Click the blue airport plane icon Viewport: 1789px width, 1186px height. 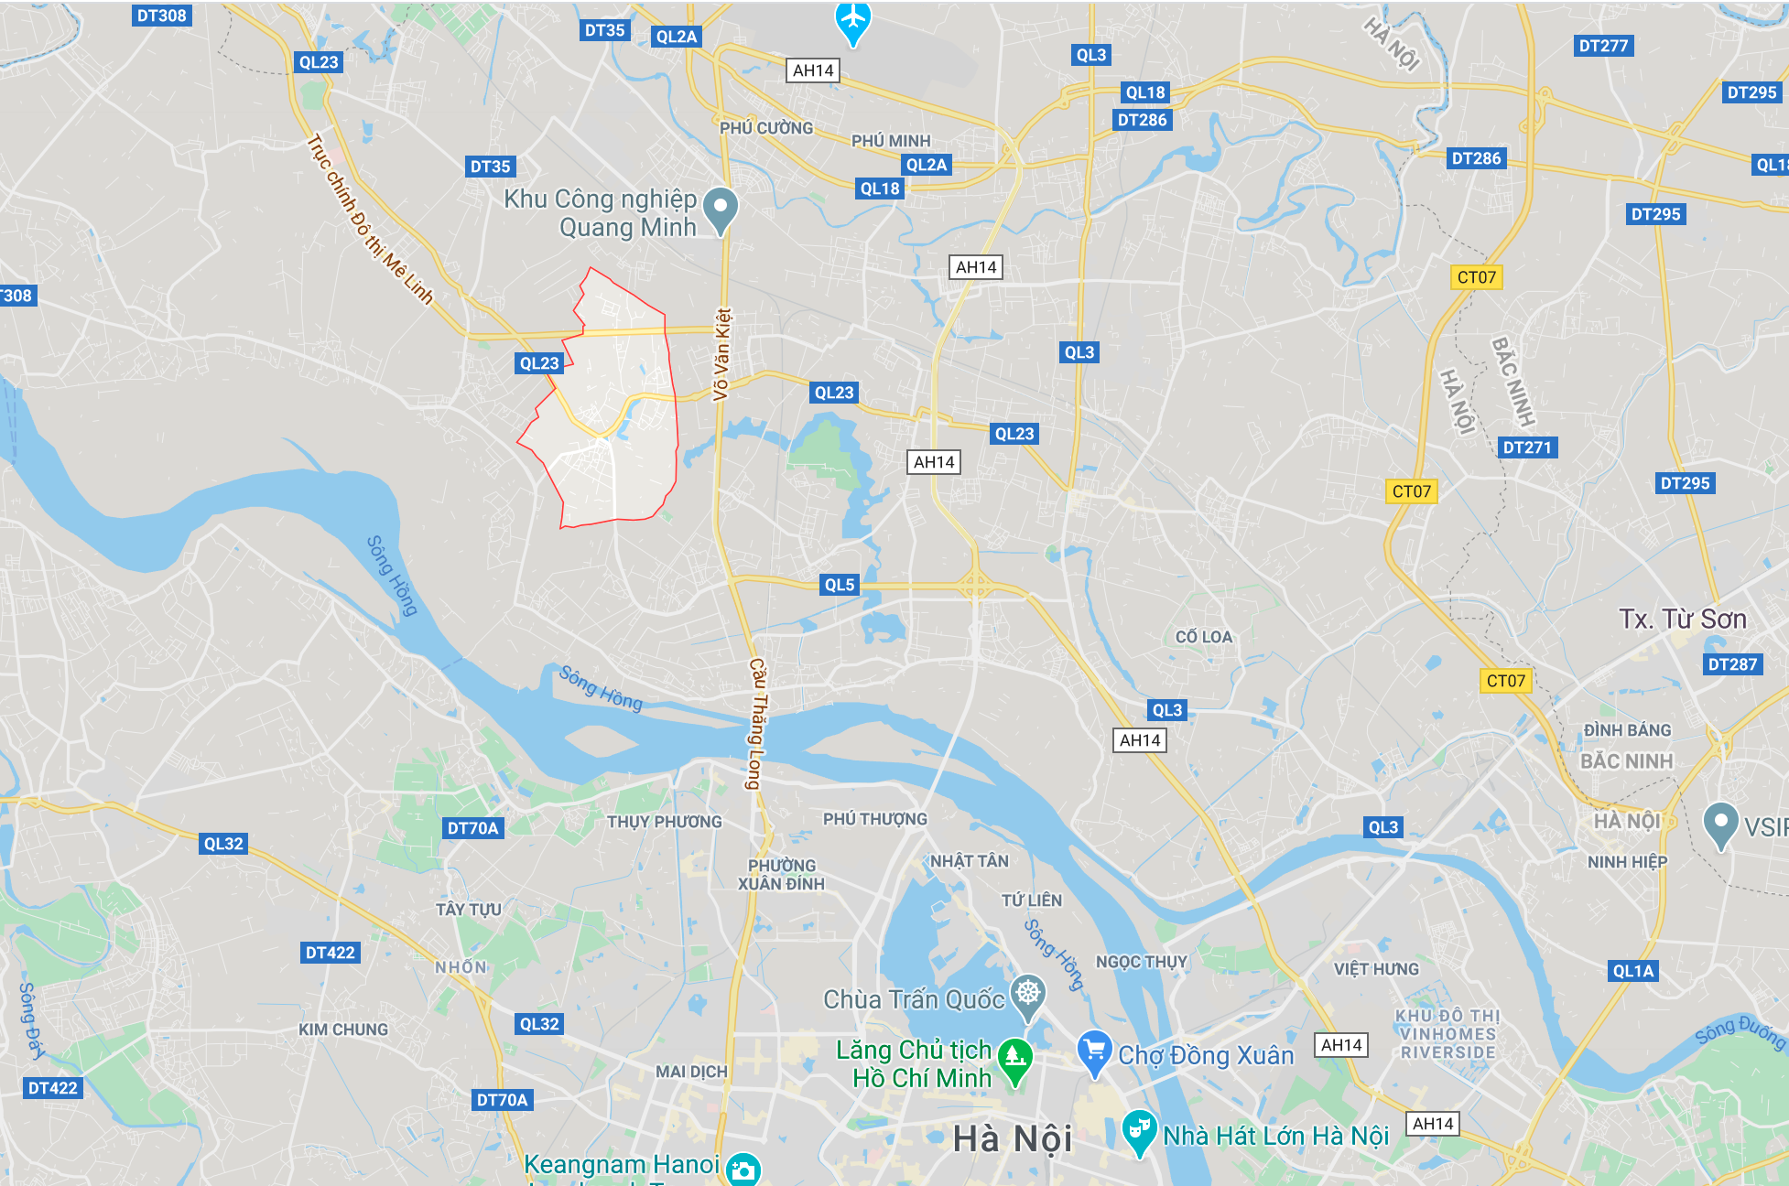pyautogui.click(x=852, y=18)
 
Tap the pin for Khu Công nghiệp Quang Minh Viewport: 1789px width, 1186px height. pyautogui.click(x=721, y=210)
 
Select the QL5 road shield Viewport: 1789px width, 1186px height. pyautogui.click(x=839, y=585)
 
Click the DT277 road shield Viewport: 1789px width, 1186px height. pyautogui.click(x=1603, y=46)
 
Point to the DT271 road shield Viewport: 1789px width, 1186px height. pyautogui.click(x=1527, y=447)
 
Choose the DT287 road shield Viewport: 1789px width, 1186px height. pyautogui.click(x=1732, y=664)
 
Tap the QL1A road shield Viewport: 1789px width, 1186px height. pyautogui.click(x=1633, y=971)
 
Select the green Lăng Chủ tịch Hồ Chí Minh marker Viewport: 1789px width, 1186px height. pyautogui.click(x=1014, y=1057)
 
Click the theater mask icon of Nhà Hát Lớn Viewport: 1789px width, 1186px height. pyautogui.click(x=1138, y=1130)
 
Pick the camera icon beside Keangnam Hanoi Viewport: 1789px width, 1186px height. pyautogui.click(x=743, y=1170)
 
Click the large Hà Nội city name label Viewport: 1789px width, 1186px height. pyautogui.click(x=1012, y=1139)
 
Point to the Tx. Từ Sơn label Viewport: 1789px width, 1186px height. pyautogui.click(x=1682, y=620)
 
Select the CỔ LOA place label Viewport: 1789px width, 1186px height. pyautogui.click(x=1203, y=637)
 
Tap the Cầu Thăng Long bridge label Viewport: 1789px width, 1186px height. pyautogui.click(x=756, y=723)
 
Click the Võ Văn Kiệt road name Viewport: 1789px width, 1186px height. pyautogui.click(x=722, y=354)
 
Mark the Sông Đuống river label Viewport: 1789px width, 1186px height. pyautogui.click(x=1739, y=1031)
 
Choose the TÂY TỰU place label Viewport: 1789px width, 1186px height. pyautogui.click(x=468, y=910)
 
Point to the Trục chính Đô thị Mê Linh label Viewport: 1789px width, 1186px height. pyautogui.click(x=369, y=219)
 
